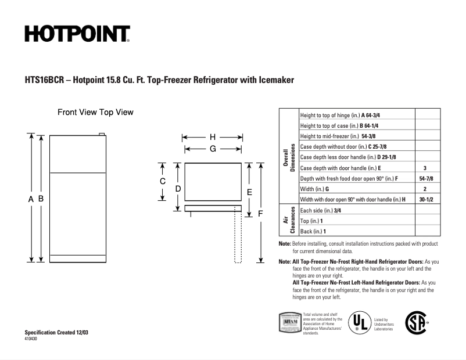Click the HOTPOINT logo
click(77, 34)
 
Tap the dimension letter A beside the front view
click(31, 199)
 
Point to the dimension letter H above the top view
click(213, 137)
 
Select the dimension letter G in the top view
click(213, 149)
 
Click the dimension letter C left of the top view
click(163, 181)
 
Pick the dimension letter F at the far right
click(261, 214)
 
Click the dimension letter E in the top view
click(249, 191)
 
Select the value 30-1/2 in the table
click(425, 199)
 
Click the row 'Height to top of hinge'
click(340, 114)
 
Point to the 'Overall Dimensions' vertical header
click(289, 157)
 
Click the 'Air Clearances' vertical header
click(289, 221)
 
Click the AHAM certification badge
click(291, 321)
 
